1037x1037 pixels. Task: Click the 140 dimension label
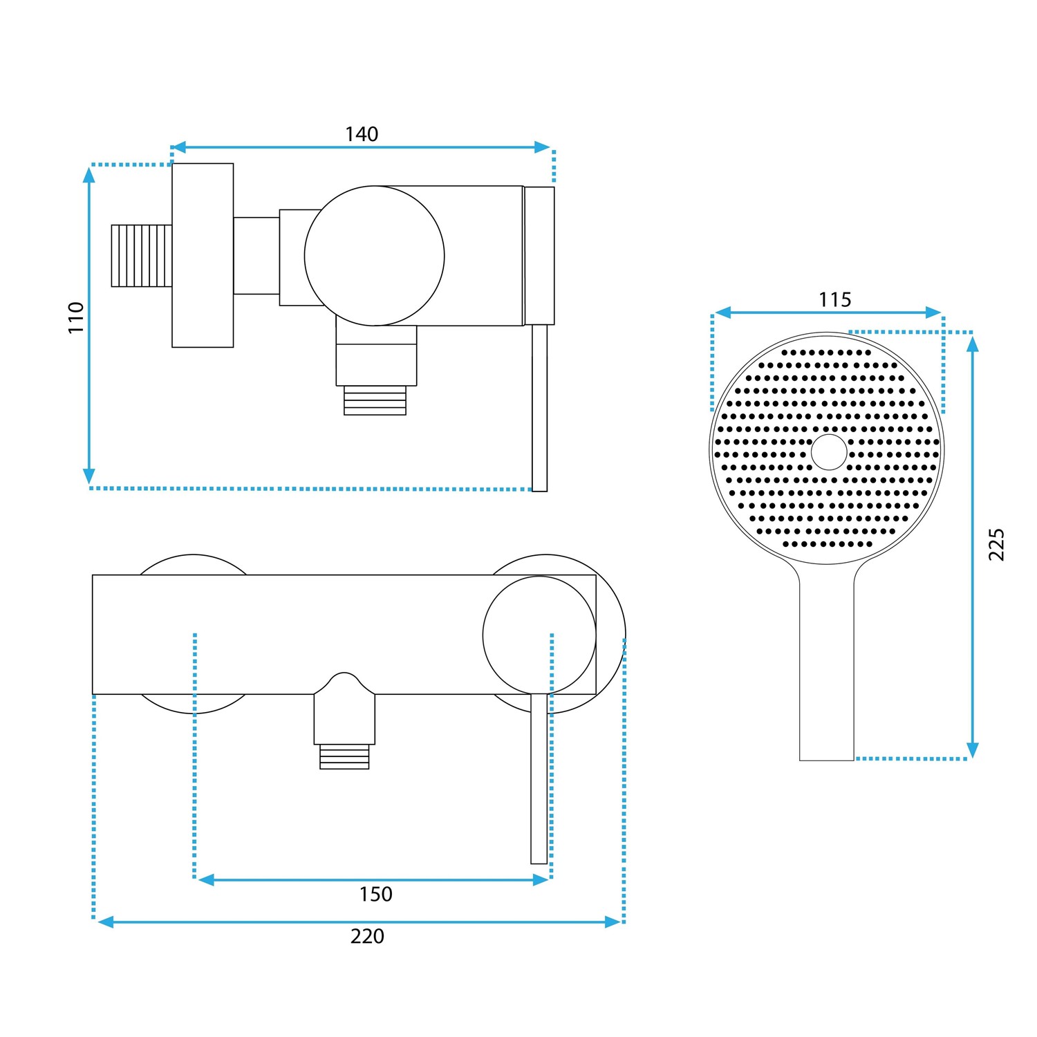[x=362, y=133]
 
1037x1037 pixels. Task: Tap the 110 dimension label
[x=76, y=317]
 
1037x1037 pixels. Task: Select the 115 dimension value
[x=834, y=299]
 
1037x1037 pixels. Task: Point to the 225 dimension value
[x=996, y=544]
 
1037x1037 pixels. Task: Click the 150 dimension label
[x=375, y=894]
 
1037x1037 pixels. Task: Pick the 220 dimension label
[x=367, y=936]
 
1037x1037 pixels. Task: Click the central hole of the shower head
[x=828, y=452]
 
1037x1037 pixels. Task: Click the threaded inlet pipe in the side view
[x=141, y=255]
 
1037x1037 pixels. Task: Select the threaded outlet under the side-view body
[x=375, y=400]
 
